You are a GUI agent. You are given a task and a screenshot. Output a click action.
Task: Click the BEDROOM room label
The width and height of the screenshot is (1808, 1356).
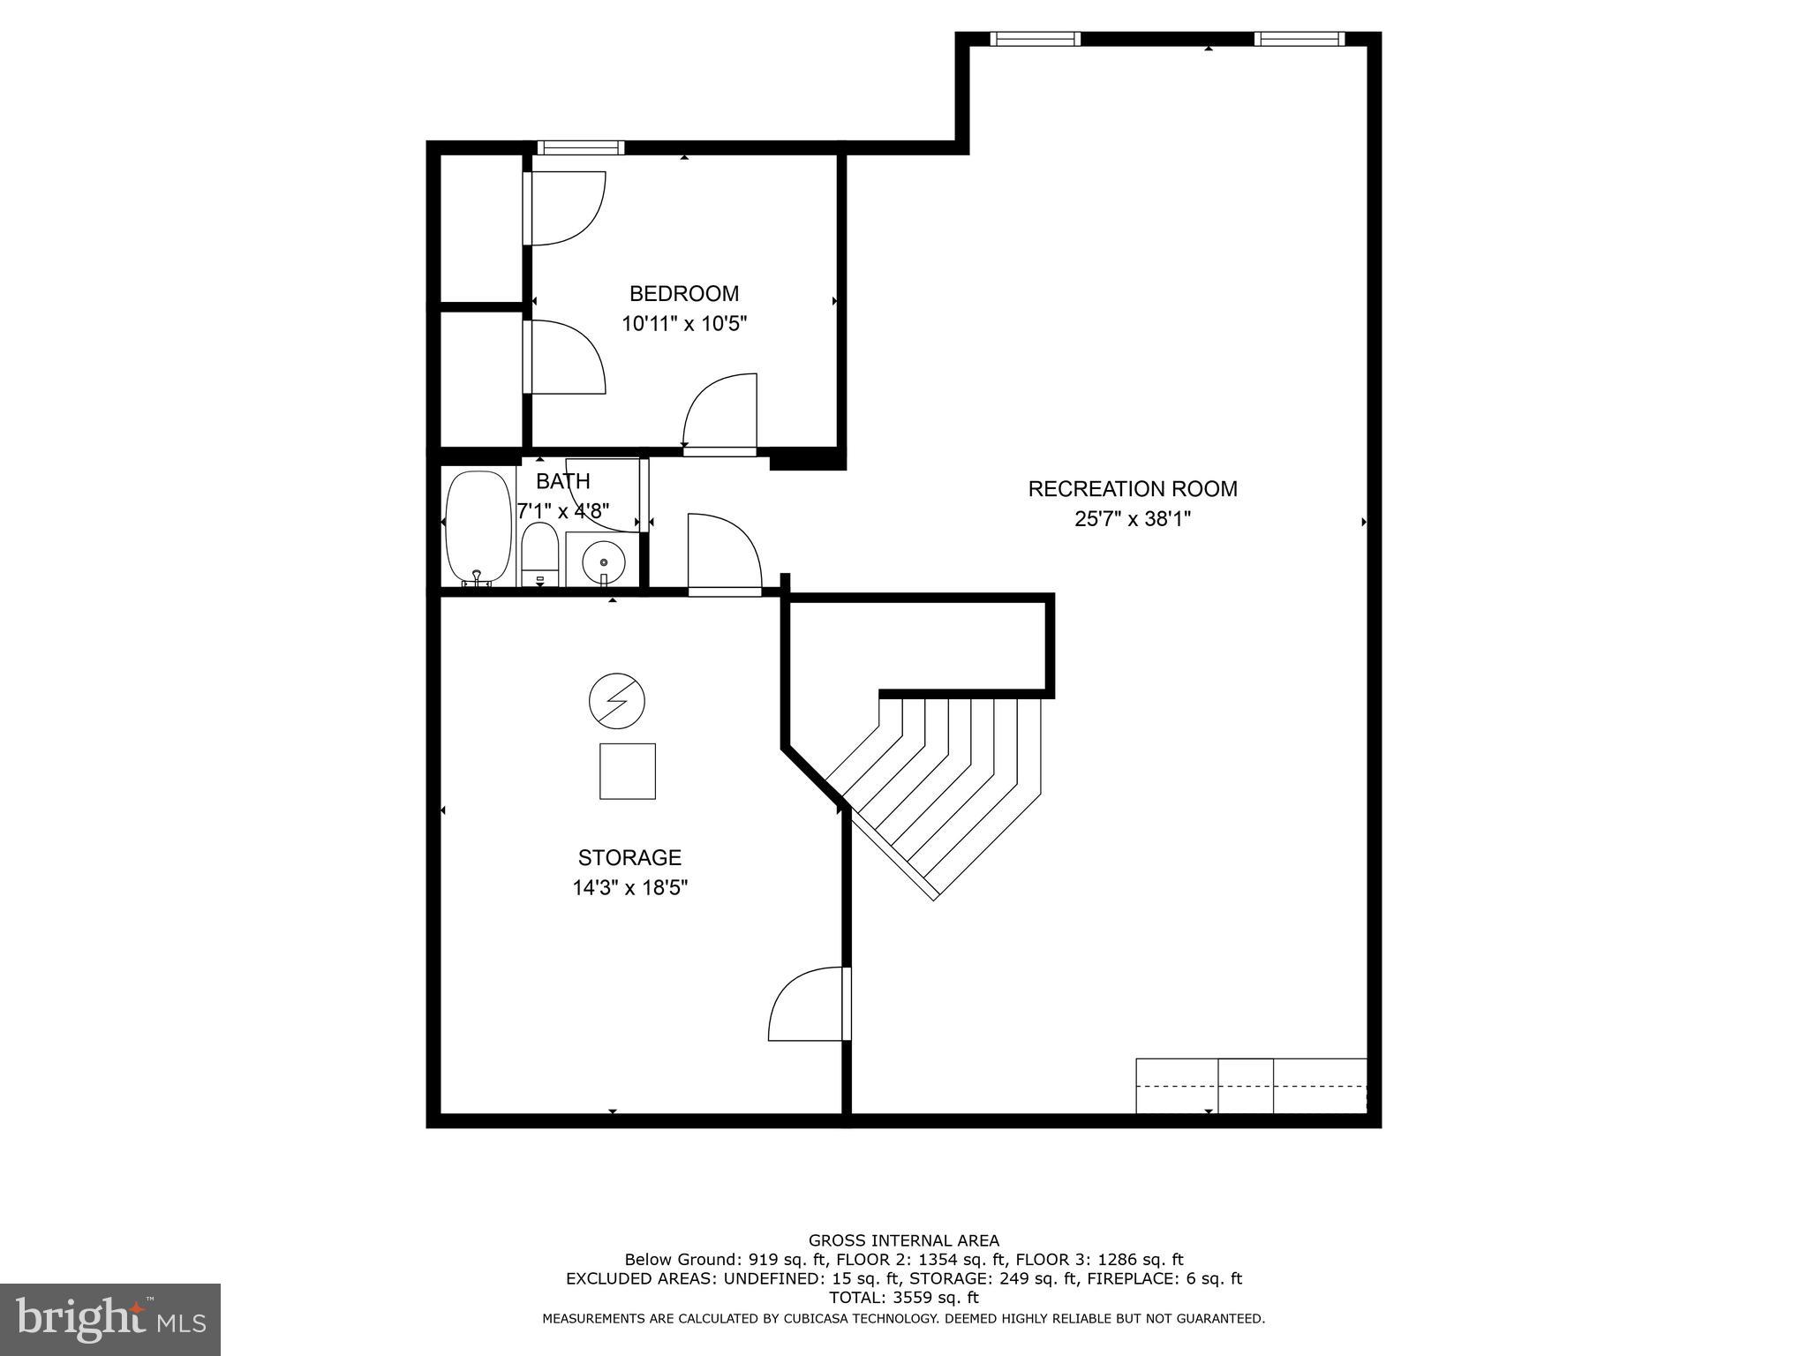[x=683, y=293]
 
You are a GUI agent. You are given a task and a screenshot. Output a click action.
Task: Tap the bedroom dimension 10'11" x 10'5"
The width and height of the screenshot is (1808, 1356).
[x=684, y=324]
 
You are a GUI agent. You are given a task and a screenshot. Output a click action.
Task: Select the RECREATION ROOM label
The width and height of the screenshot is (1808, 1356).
[x=1132, y=488]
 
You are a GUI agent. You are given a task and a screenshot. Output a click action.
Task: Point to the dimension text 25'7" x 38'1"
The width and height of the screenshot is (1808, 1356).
[x=1132, y=519]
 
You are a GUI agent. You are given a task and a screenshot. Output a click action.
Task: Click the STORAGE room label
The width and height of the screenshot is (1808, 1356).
[x=629, y=857]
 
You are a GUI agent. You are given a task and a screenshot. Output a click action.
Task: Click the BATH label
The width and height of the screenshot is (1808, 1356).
[x=563, y=481]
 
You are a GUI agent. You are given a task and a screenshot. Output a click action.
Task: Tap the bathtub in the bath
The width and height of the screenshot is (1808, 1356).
[x=478, y=528]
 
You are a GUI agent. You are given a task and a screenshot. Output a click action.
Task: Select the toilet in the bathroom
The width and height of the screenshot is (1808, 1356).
[x=539, y=554]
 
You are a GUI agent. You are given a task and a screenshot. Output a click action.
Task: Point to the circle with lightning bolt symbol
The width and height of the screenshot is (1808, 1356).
[x=616, y=702]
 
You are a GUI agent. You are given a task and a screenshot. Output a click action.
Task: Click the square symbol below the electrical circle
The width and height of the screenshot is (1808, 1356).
[x=627, y=771]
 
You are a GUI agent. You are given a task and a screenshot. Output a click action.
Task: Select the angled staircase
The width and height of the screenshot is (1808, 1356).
[x=936, y=786]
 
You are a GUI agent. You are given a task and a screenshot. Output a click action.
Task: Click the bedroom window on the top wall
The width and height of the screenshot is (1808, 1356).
[x=580, y=147]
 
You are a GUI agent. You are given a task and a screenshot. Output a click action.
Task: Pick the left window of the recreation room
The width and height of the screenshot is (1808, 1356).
[x=1035, y=39]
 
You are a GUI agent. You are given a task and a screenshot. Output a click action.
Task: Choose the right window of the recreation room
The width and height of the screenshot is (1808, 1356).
[x=1298, y=39]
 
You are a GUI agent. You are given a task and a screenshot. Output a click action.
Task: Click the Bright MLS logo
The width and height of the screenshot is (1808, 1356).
[x=110, y=1320]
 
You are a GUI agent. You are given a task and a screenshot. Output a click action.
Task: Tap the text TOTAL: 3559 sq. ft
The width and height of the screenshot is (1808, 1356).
[x=903, y=1298]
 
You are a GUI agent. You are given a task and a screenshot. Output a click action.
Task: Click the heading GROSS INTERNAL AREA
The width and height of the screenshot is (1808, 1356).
[x=903, y=1240]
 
